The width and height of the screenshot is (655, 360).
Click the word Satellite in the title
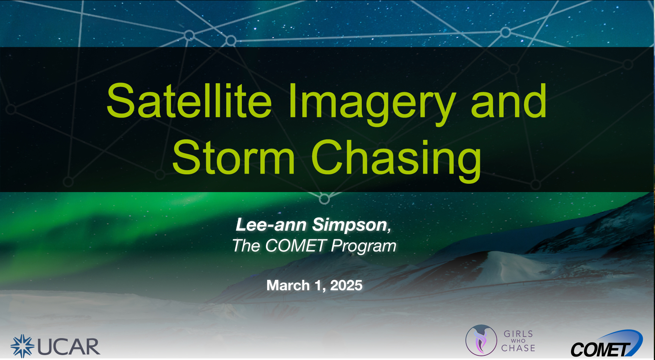click(x=189, y=101)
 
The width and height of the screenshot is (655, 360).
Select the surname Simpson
click(x=350, y=225)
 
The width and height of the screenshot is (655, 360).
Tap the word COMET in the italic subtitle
click(x=296, y=246)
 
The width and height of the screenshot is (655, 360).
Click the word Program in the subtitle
click(x=364, y=247)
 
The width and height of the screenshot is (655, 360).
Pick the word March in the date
click(x=288, y=286)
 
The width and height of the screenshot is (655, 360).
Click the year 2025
click(x=346, y=286)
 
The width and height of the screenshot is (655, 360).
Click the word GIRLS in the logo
click(x=518, y=334)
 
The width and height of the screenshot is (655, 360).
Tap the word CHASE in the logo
click(x=518, y=348)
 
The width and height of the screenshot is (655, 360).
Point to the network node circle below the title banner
click(x=324, y=199)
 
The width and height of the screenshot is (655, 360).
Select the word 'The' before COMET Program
click(x=246, y=246)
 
